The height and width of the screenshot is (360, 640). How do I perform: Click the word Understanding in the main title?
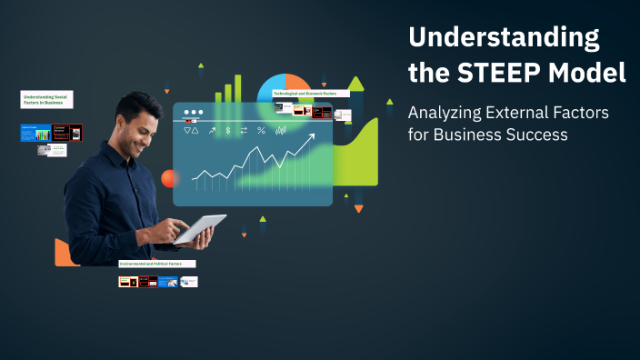click(504, 38)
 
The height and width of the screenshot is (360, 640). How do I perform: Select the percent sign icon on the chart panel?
click(261, 131)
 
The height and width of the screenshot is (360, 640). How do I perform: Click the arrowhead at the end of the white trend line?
click(311, 137)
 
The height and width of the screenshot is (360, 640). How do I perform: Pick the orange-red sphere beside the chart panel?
click(169, 178)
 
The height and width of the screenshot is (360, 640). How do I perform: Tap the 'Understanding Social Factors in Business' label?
click(46, 100)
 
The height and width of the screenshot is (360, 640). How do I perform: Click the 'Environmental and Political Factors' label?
click(157, 264)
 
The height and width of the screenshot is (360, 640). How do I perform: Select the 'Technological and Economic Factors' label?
click(311, 94)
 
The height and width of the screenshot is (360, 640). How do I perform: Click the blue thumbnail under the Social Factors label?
click(35, 133)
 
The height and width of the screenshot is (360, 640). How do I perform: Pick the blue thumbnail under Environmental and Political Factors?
click(167, 282)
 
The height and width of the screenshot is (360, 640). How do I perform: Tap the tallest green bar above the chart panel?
click(239, 88)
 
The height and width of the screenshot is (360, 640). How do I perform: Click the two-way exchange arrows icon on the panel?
click(244, 131)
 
